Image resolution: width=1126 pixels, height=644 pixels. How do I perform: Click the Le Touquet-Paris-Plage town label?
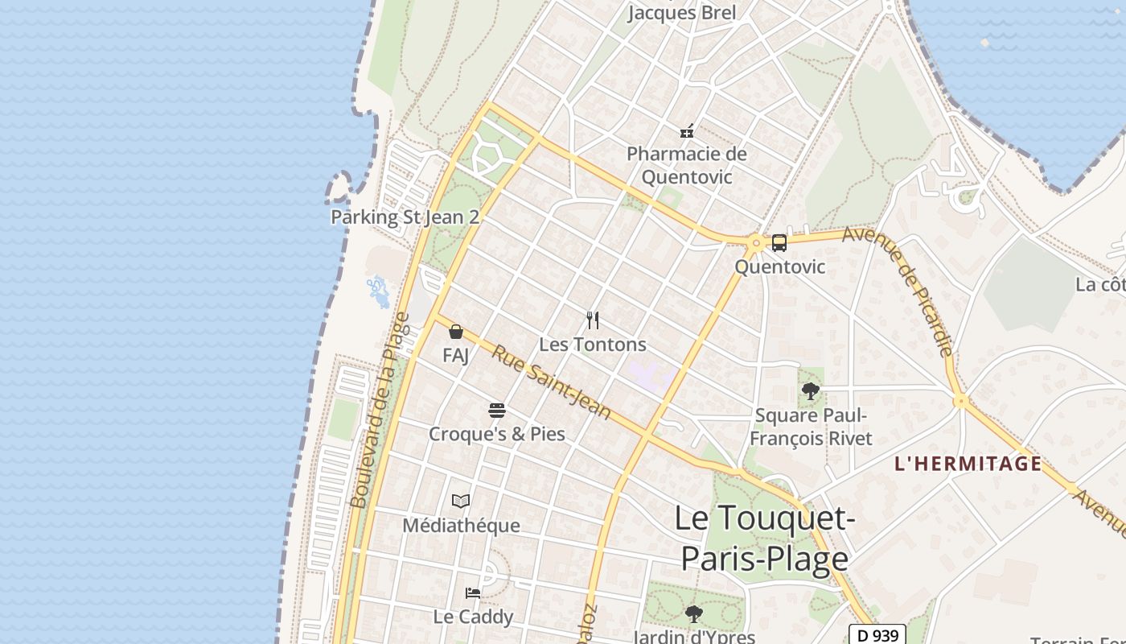point(763,538)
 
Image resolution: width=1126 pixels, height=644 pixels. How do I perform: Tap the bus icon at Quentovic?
point(779,242)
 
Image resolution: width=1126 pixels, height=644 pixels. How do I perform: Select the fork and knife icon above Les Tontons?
point(593,320)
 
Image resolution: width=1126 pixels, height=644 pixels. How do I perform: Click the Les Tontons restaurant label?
point(593,345)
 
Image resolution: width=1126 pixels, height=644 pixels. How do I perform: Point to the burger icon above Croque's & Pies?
point(496,411)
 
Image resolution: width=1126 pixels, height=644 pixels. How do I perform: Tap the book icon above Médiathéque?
point(461,502)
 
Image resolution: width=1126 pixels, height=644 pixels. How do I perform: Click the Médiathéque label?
point(461,526)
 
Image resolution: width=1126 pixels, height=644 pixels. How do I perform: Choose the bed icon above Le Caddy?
point(473,593)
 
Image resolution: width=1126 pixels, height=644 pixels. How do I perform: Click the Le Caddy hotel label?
point(473,617)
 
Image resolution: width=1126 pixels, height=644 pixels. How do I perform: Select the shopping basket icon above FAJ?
point(456,332)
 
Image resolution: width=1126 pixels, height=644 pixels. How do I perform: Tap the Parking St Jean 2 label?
point(405,217)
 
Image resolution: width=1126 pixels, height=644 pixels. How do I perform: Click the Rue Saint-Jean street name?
point(552,382)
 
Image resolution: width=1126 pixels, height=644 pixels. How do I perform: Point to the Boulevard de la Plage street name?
point(380,411)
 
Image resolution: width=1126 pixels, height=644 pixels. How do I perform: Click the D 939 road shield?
point(878,635)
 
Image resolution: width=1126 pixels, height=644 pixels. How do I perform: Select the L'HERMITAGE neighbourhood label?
point(968,464)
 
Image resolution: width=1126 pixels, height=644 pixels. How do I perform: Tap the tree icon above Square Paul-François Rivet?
point(811,391)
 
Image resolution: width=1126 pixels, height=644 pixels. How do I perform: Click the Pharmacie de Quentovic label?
point(687,165)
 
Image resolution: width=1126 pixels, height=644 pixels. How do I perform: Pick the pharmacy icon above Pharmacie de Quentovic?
point(687,130)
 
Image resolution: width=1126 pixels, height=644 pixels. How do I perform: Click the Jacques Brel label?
point(681,13)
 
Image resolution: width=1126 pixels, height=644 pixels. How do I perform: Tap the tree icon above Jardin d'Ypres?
point(693,614)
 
